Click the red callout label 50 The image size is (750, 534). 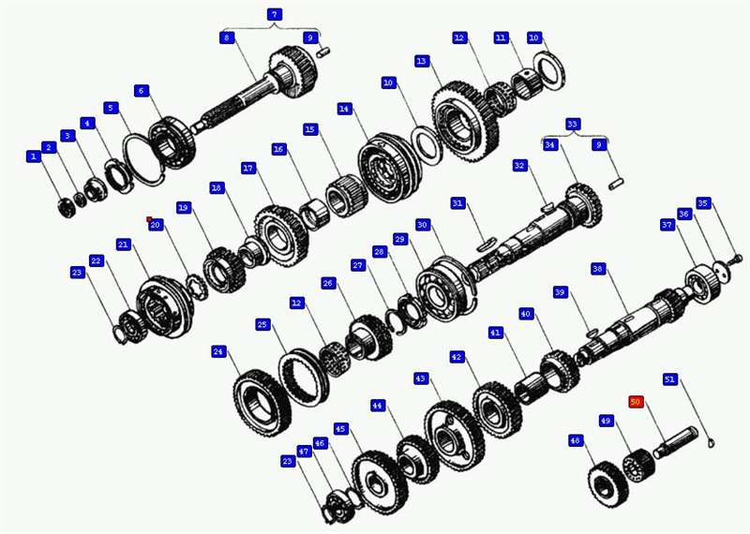pyautogui.click(x=636, y=402)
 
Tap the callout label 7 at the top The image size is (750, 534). pyautogui.click(x=274, y=14)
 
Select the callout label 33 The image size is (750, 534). pyautogui.click(x=573, y=125)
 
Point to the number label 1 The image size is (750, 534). pyautogui.click(x=33, y=156)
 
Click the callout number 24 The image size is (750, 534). pyautogui.click(x=218, y=352)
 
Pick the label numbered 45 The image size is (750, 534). pyautogui.click(x=340, y=429)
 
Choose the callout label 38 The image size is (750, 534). pyautogui.click(x=597, y=269)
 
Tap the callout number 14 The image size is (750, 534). pyautogui.click(x=344, y=109)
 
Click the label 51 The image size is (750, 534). pyautogui.click(x=670, y=379)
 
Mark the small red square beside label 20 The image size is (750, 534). pyautogui.click(x=149, y=219)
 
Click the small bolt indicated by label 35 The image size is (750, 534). pyautogui.click(x=736, y=260)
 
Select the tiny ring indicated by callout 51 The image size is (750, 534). pyautogui.click(x=712, y=444)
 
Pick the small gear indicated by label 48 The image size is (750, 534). pyautogui.click(x=607, y=483)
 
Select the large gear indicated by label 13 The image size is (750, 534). pyautogui.click(x=465, y=122)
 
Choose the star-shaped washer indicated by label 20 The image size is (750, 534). pyautogui.click(x=197, y=287)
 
